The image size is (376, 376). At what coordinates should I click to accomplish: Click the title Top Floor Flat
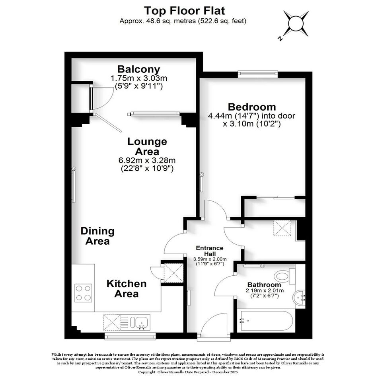(184, 11)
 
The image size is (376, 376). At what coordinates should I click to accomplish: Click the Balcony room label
(138, 69)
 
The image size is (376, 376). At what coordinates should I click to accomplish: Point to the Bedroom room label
(252, 107)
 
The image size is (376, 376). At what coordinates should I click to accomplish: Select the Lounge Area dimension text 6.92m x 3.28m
(147, 160)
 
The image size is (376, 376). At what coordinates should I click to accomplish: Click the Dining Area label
(97, 236)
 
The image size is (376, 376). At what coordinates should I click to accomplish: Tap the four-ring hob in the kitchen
(83, 293)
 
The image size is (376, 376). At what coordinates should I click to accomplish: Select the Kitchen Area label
(127, 289)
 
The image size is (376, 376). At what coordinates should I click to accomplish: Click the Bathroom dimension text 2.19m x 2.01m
(265, 290)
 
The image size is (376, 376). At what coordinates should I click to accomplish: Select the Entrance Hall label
(210, 251)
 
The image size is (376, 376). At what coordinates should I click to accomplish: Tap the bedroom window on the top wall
(258, 74)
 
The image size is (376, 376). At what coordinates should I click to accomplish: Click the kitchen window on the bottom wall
(130, 336)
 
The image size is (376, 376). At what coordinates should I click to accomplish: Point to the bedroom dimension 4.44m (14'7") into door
(251, 116)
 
